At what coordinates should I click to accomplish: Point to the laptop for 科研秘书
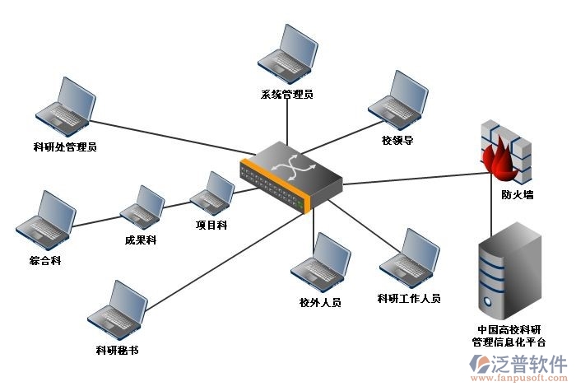[x=117, y=310]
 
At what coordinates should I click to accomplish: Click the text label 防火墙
[x=517, y=196]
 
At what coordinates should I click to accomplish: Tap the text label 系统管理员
[x=286, y=95]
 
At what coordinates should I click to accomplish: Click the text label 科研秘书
[x=117, y=350]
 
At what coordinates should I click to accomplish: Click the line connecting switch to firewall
[x=411, y=176]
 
